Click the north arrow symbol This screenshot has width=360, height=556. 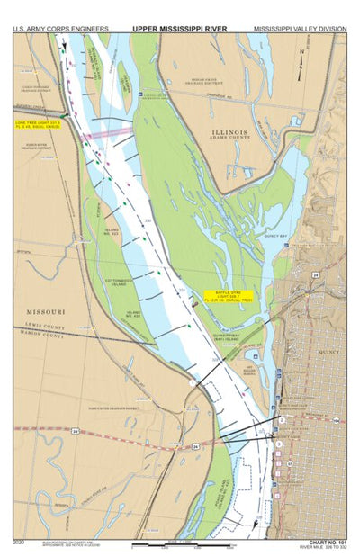coord(302,56)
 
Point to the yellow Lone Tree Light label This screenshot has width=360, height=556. coord(39,124)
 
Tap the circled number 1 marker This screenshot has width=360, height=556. coord(192,384)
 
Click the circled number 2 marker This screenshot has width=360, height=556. coord(282,419)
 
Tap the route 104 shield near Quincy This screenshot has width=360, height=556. coord(336,420)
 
